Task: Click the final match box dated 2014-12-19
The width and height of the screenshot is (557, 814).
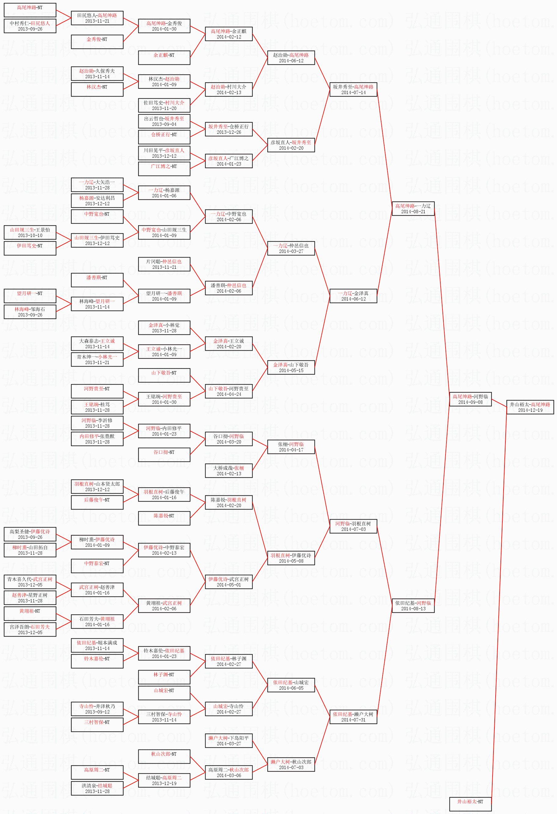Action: click(530, 407)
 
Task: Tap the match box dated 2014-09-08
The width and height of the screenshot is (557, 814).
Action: click(470, 399)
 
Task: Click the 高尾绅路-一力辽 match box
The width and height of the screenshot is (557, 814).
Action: click(413, 208)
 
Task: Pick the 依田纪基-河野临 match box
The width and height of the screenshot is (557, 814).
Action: click(413, 606)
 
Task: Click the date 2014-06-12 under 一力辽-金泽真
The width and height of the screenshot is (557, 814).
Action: click(353, 299)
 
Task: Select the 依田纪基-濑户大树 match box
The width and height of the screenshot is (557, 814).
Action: click(353, 717)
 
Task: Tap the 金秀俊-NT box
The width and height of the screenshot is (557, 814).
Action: click(97, 42)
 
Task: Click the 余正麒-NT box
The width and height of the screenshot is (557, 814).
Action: click(164, 57)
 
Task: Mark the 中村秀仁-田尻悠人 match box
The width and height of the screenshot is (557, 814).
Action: click(30, 26)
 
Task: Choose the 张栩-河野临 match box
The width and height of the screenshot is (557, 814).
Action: click(291, 447)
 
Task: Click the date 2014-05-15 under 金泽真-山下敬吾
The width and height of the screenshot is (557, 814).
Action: click(291, 370)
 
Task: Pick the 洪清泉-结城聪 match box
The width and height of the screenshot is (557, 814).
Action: click(97, 788)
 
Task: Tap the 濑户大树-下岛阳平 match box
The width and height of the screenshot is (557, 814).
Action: click(229, 740)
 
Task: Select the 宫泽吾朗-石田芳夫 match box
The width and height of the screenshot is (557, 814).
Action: click(30, 630)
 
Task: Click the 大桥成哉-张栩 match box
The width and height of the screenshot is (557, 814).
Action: click(229, 470)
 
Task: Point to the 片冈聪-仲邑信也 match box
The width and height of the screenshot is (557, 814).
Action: click(164, 264)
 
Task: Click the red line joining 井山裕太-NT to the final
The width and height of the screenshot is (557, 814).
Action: click(499, 602)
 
